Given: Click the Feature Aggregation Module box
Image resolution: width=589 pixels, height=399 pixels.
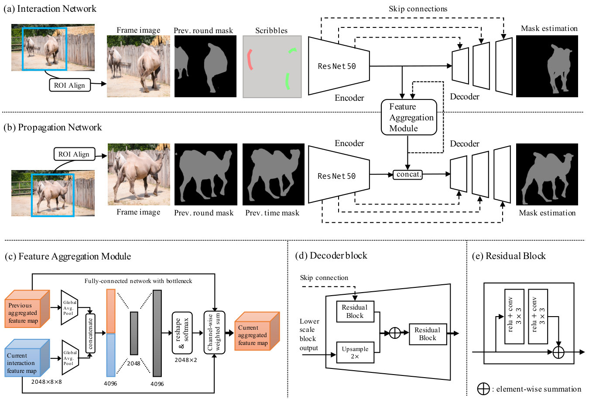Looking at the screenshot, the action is pyautogui.click(x=409, y=117).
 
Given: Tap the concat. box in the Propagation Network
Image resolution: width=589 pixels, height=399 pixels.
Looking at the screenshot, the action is pyautogui.click(x=408, y=174).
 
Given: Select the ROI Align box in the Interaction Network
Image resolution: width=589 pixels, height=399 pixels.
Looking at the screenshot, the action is pyautogui.click(x=70, y=85).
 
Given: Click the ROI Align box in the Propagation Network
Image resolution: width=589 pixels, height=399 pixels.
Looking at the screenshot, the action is pyautogui.click(x=74, y=154).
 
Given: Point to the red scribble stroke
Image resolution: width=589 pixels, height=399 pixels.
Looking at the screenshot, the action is pyautogui.click(x=250, y=60).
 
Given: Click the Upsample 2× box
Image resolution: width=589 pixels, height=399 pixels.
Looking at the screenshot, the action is pyautogui.click(x=355, y=352).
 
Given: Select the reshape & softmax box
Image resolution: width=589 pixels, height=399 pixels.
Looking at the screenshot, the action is pyautogui.click(x=182, y=333).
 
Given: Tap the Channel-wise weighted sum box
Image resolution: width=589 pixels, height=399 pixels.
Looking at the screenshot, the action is pyautogui.click(x=214, y=332).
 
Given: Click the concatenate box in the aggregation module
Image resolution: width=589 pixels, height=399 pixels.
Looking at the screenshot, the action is pyautogui.click(x=90, y=333).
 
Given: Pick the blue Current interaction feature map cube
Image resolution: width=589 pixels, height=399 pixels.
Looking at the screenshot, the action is pyautogui.click(x=27, y=358).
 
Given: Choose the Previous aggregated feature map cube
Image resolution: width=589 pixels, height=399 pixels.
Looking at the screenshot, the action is pyautogui.click(x=27, y=309).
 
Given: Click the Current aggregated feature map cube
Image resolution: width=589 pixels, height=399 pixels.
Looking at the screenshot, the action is pyautogui.click(x=257, y=331).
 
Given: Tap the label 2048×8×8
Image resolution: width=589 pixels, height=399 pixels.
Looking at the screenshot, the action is pyautogui.click(x=47, y=382).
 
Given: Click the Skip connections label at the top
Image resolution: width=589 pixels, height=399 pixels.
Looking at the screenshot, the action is pyautogui.click(x=418, y=9).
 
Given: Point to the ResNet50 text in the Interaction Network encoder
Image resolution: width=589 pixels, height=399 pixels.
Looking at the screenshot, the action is pyautogui.click(x=336, y=66).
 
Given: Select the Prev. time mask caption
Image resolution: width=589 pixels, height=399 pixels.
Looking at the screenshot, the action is pyautogui.click(x=272, y=213).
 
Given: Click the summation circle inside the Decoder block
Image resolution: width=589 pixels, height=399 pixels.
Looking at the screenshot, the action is pyautogui.click(x=394, y=333).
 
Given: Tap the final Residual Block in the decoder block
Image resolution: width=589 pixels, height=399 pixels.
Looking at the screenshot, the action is pyautogui.click(x=428, y=334).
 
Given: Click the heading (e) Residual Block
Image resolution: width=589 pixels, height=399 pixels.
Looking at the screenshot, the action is pyautogui.click(x=509, y=256).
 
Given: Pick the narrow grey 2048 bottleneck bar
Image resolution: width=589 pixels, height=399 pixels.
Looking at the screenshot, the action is pyautogui.click(x=134, y=333).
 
